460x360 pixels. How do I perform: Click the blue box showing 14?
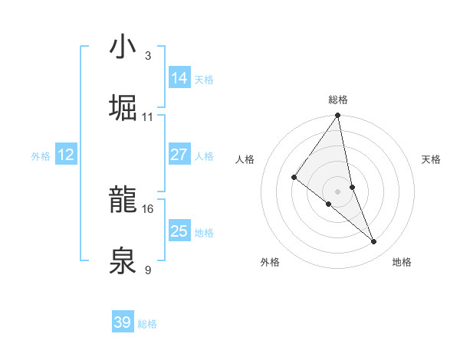click(x=179, y=78)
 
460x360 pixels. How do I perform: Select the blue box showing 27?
click(x=179, y=155)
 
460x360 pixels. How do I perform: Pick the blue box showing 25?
click(x=179, y=231)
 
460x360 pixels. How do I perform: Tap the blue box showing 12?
click(x=66, y=155)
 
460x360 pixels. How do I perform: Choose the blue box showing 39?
click(x=122, y=322)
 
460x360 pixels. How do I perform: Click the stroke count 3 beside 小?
click(x=148, y=56)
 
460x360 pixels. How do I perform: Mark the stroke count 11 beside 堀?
click(x=147, y=117)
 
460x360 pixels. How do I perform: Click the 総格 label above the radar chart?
click(x=338, y=100)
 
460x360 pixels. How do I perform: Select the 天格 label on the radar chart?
click(x=432, y=159)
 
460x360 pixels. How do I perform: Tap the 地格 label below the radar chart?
click(x=402, y=262)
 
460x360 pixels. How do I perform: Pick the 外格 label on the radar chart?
click(x=270, y=262)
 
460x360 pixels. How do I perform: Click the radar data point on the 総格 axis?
click(x=338, y=116)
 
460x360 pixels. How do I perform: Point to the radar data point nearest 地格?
click(x=374, y=242)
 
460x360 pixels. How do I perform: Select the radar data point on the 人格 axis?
click(x=294, y=178)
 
